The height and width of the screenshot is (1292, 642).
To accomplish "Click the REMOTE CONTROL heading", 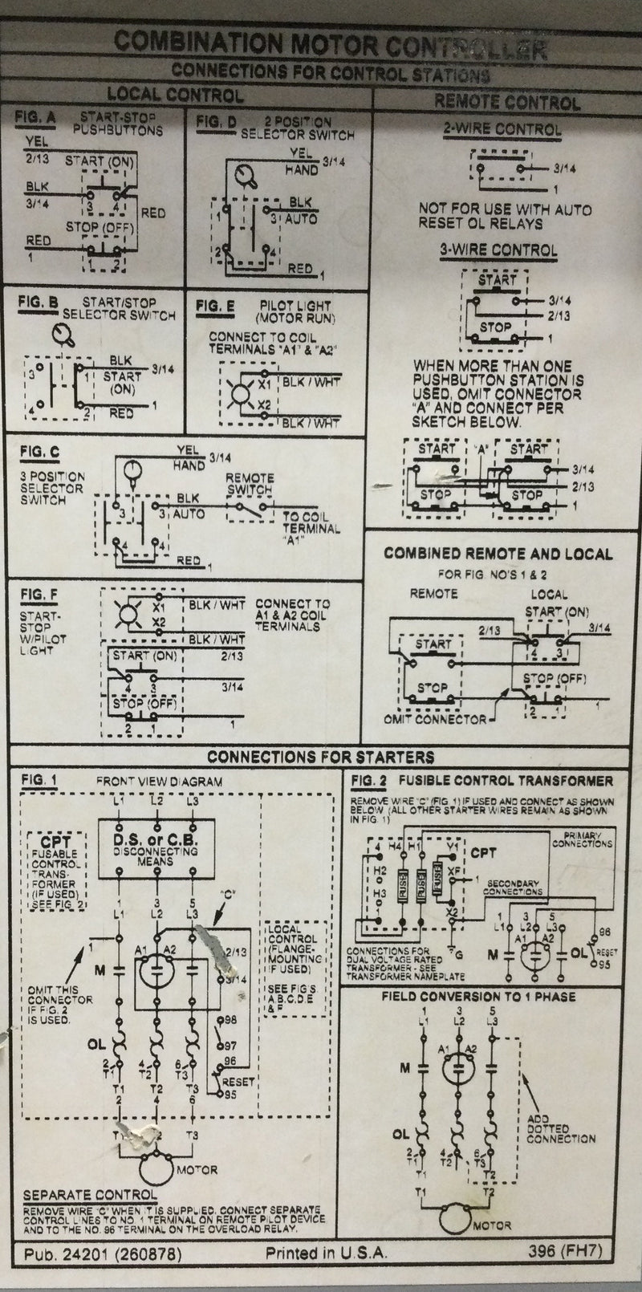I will (506, 102).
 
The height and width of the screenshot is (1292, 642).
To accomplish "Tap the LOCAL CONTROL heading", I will (175, 95).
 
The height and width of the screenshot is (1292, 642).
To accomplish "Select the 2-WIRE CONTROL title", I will (502, 129).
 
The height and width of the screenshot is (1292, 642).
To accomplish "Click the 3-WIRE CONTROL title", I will (498, 250).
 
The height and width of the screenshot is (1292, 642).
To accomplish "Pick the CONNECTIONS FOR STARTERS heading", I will (320, 757).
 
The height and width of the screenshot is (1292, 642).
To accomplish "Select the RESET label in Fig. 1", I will (238, 1082).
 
